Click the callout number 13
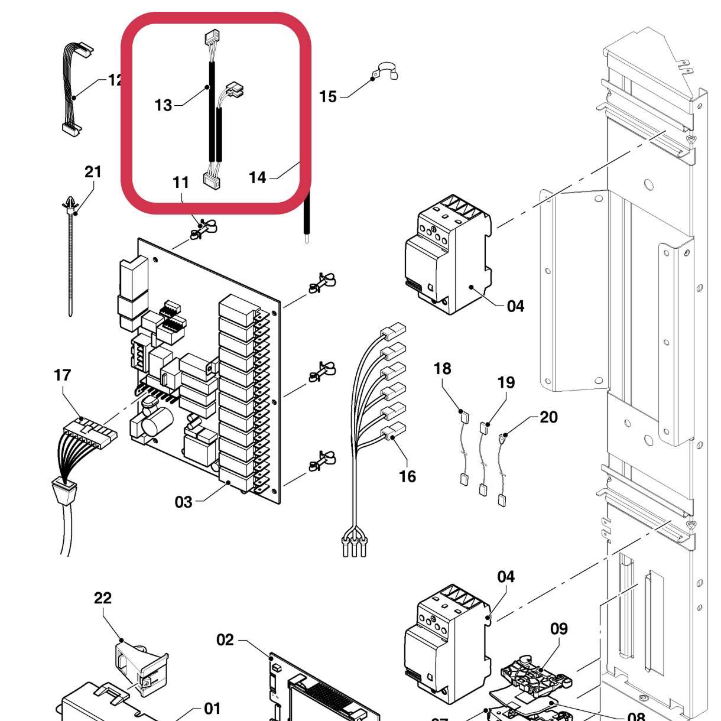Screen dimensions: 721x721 [x=163, y=105]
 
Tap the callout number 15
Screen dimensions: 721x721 [x=328, y=96]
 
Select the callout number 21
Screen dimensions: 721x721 [x=93, y=172]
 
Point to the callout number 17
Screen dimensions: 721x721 [x=62, y=375]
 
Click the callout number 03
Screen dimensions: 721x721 [x=183, y=502]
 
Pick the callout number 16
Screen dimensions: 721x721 [x=407, y=476]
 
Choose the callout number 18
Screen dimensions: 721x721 [x=442, y=369]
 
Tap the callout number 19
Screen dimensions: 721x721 [x=506, y=382]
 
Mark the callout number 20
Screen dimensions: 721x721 [x=548, y=417]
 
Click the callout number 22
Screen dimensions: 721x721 [x=103, y=598]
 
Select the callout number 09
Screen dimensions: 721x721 [x=559, y=629]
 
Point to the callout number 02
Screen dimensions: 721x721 [x=225, y=640]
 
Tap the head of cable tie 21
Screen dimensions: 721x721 [x=70, y=205]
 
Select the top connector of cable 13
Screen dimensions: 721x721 [x=212, y=38]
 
